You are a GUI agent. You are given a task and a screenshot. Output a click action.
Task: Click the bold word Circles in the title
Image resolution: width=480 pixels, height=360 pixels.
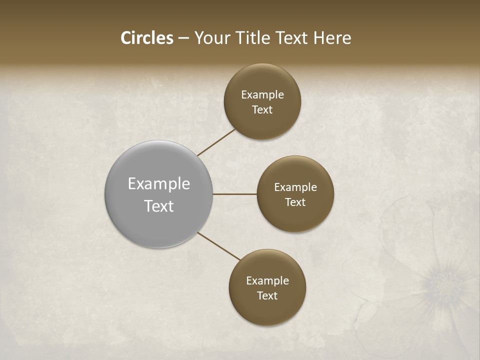[x=146, y=38]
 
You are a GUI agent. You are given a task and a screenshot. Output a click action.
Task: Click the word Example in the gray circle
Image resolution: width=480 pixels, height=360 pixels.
[x=159, y=184]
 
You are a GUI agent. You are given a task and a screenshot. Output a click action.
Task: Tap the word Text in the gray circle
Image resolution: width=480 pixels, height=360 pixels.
[x=159, y=206]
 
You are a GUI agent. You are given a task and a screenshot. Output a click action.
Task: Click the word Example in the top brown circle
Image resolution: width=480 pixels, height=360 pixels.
[x=262, y=95]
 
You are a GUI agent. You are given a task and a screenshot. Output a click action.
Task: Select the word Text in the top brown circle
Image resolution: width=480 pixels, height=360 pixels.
[x=262, y=110]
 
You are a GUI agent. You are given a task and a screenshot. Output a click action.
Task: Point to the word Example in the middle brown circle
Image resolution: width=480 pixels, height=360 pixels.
[x=295, y=187]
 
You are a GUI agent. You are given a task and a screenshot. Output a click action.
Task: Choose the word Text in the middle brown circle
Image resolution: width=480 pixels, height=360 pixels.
[x=295, y=202]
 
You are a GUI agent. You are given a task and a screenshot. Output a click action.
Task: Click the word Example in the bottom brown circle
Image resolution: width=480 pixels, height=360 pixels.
[x=267, y=281]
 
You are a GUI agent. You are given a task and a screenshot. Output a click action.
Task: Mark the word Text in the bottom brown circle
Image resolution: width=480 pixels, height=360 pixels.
[x=267, y=296]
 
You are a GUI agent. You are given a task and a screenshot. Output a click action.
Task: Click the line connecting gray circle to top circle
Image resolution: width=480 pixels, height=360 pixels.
[x=216, y=142]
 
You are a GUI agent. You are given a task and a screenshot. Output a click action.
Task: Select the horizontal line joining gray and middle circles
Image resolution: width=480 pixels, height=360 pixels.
[x=234, y=194]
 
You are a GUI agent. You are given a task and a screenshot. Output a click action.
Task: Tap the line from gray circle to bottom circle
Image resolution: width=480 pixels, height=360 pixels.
[x=219, y=246]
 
